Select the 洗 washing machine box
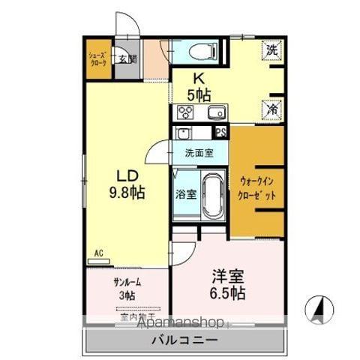click(x=272, y=51)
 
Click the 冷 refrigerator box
click(x=272, y=109)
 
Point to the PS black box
click(x=220, y=132)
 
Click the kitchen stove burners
click(x=184, y=113)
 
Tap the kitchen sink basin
click(x=216, y=113)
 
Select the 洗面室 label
click(x=199, y=153)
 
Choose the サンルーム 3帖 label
click(x=127, y=289)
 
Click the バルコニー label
click(x=187, y=340)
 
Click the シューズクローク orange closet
click(x=97, y=60)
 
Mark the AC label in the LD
click(x=97, y=253)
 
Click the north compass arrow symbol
click(x=319, y=308)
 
